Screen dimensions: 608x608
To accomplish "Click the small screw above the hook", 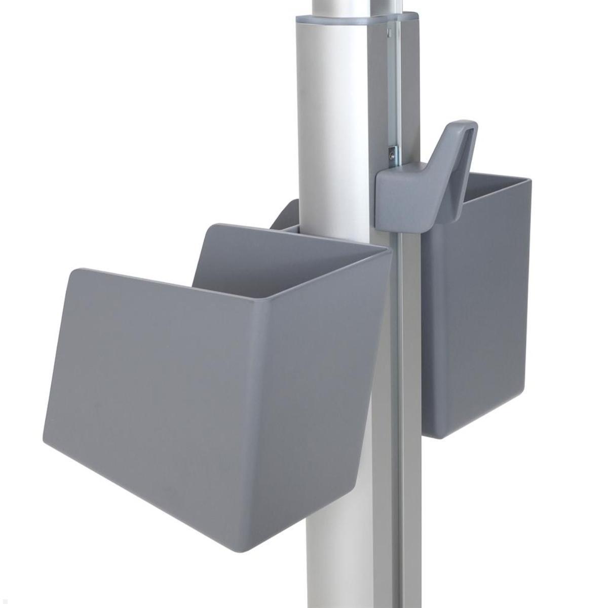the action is pos(392,155).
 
